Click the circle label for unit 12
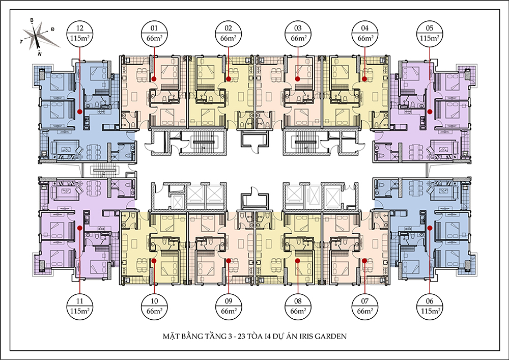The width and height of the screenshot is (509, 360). [79, 34]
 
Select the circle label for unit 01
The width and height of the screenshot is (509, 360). [154, 34]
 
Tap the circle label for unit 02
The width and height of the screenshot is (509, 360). [229, 34]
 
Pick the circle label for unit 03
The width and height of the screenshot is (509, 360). [298, 34]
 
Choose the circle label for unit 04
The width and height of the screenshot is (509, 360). [365, 34]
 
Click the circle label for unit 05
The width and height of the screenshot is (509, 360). [430, 34]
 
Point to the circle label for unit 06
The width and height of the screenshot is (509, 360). [430, 307]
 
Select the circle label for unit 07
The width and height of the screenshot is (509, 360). [365, 307]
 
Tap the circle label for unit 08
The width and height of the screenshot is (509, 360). [298, 307]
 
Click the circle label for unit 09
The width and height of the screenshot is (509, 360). [229, 307]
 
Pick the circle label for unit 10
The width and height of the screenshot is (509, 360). [154, 307]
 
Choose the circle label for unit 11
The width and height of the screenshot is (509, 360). [79, 307]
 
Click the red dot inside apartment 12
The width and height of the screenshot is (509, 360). [79, 112]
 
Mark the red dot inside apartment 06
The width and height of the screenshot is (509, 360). [430, 228]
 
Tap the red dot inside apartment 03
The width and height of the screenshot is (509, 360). [298, 78]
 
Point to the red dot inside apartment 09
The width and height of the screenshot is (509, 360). [229, 260]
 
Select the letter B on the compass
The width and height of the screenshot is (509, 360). [32, 20]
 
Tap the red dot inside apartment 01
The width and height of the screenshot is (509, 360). [154, 78]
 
